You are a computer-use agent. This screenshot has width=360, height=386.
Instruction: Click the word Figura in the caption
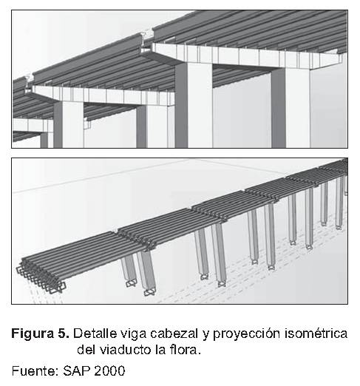[x=33, y=334]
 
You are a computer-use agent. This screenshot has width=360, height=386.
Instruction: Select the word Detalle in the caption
[x=95, y=333]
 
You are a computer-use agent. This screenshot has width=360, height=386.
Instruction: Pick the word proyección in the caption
[x=247, y=334]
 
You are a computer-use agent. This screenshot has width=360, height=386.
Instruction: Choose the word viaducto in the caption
[x=125, y=349]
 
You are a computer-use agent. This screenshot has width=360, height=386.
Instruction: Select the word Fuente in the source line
[x=34, y=370]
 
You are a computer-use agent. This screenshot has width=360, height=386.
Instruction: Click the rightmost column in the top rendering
[x=291, y=108]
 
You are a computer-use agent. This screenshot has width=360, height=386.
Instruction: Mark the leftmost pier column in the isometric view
[x=129, y=271]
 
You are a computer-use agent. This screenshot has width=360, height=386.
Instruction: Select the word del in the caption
[x=86, y=349]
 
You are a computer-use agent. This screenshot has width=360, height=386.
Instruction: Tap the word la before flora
[x=160, y=349]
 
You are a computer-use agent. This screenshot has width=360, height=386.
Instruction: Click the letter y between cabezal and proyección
[x=206, y=335]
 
